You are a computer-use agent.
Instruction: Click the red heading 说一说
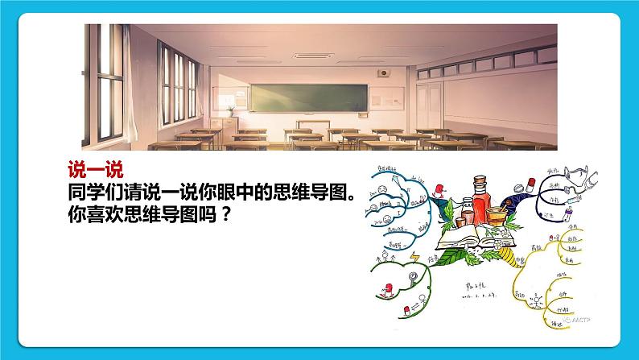[93, 170]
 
